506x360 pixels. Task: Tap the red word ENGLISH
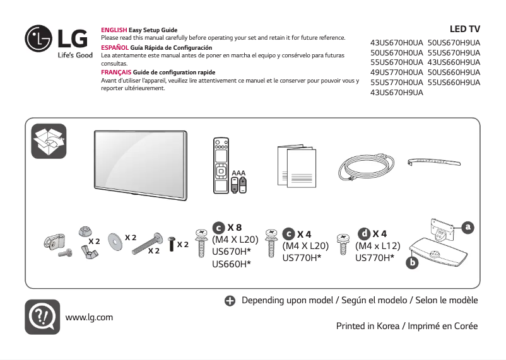(x=114, y=30)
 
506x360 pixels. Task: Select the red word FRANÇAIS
(x=116, y=73)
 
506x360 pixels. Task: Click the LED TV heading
(x=464, y=30)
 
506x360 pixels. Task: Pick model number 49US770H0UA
(x=397, y=73)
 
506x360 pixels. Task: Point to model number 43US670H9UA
(x=397, y=93)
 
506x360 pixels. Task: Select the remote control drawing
(x=220, y=165)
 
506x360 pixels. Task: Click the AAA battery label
(x=238, y=172)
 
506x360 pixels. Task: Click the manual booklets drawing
(x=297, y=166)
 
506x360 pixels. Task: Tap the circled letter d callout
(x=364, y=234)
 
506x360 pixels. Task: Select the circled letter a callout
(x=468, y=226)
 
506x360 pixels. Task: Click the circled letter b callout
(x=413, y=261)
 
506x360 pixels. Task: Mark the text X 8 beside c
(x=235, y=228)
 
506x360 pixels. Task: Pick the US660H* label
(x=232, y=263)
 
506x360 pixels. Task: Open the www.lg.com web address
(x=89, y=316)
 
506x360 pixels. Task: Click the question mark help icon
(x=42, y=316)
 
